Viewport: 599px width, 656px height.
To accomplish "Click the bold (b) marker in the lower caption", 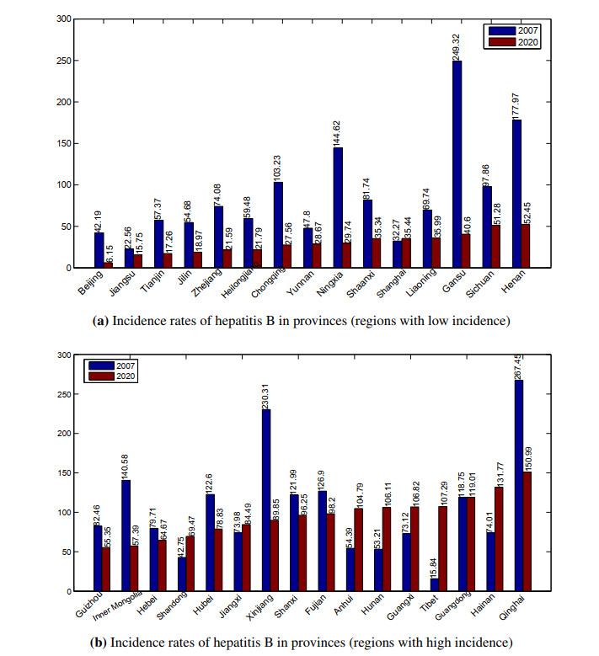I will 98,643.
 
